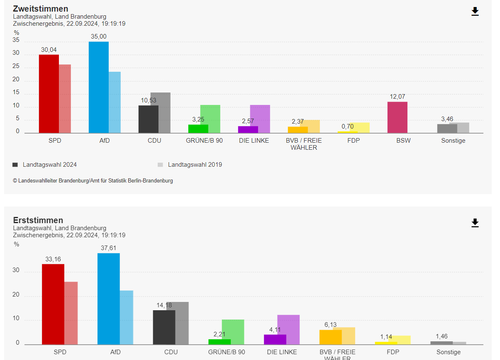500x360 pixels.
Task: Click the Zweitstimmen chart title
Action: coord(41,9)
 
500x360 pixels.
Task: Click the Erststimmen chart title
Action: coord(38,220)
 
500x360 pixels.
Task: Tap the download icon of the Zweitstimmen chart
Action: coord(475,12)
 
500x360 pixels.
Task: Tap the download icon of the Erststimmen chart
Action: coord(475,223)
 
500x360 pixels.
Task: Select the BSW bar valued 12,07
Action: coord(397,117)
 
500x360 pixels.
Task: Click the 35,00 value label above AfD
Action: coord(99,37)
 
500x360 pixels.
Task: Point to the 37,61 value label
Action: coord(108,248)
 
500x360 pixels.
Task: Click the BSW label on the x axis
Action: coord(403,141)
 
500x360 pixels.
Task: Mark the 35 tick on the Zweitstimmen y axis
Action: coord(16,40)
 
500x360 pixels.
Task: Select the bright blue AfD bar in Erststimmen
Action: coord(108,299)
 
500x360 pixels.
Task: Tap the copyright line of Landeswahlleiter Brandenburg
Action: coord(93,181)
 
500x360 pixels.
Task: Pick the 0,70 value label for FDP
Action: coord(348,126)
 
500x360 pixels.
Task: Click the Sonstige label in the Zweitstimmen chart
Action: coord(453,141)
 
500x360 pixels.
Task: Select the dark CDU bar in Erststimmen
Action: coord(164,327)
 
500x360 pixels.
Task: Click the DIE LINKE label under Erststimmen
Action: coord(282,352)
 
